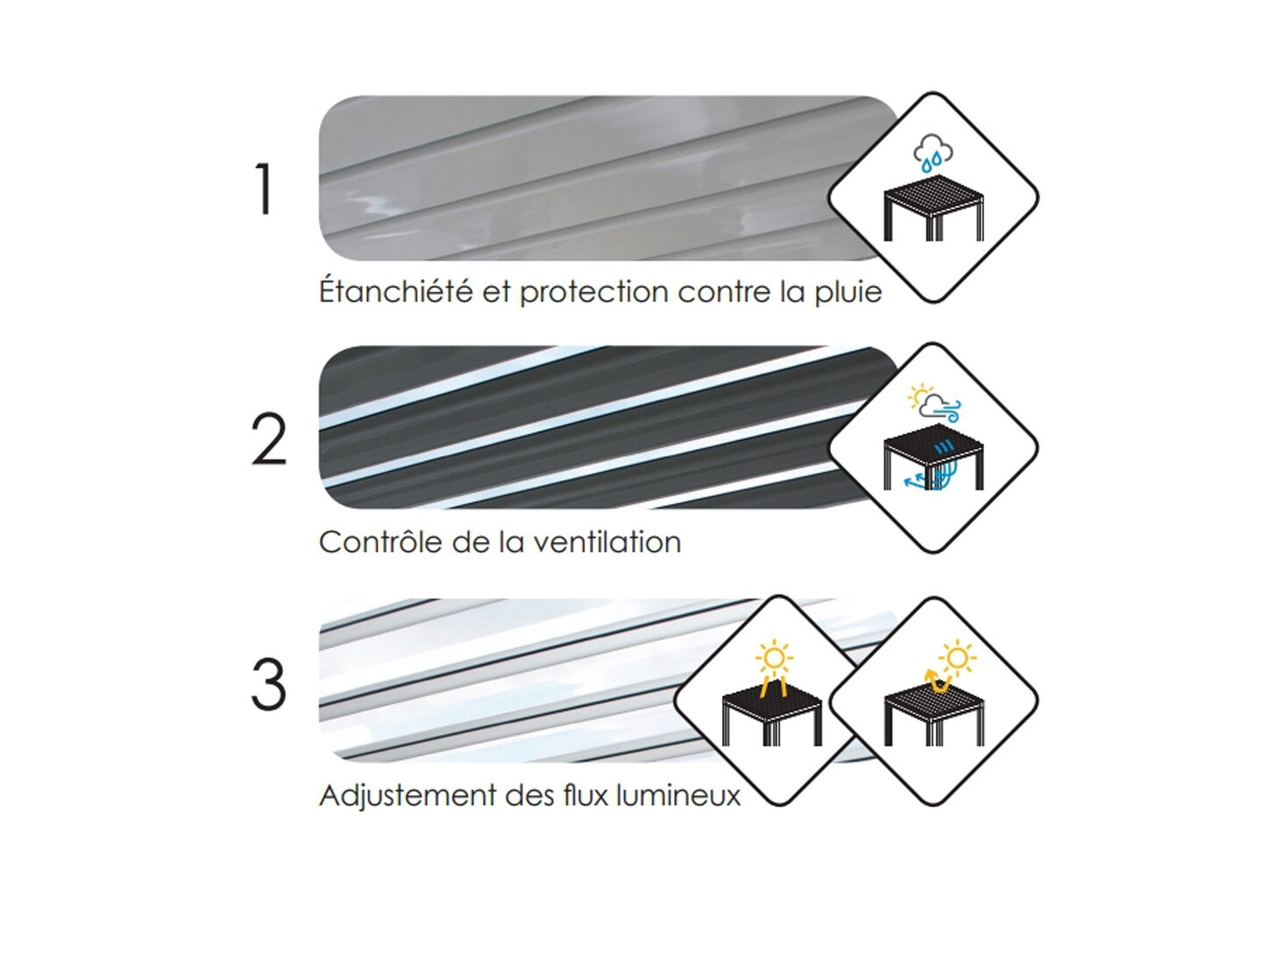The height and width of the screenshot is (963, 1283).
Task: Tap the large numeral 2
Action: pyautogui.click(x=269, y=439)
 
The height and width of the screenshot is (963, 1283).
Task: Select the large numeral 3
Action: pyautogui.click(x=269, y=685)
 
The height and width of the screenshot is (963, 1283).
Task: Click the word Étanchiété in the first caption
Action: pyautogui.click(x=396, y=290)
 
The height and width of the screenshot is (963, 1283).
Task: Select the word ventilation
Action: pyautogui.click(x=608, y=541)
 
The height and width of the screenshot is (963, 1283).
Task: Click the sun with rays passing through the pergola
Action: pyautogui.click(x=774, y=658)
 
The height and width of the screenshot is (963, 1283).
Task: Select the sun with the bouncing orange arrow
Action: pyautogui.click(x=957, y=659)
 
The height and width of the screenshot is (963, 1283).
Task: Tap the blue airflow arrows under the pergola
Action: pyautogui.click(x=926, y=475)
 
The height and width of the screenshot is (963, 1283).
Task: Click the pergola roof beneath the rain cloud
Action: pyautogui.click(x=933, y=192)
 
